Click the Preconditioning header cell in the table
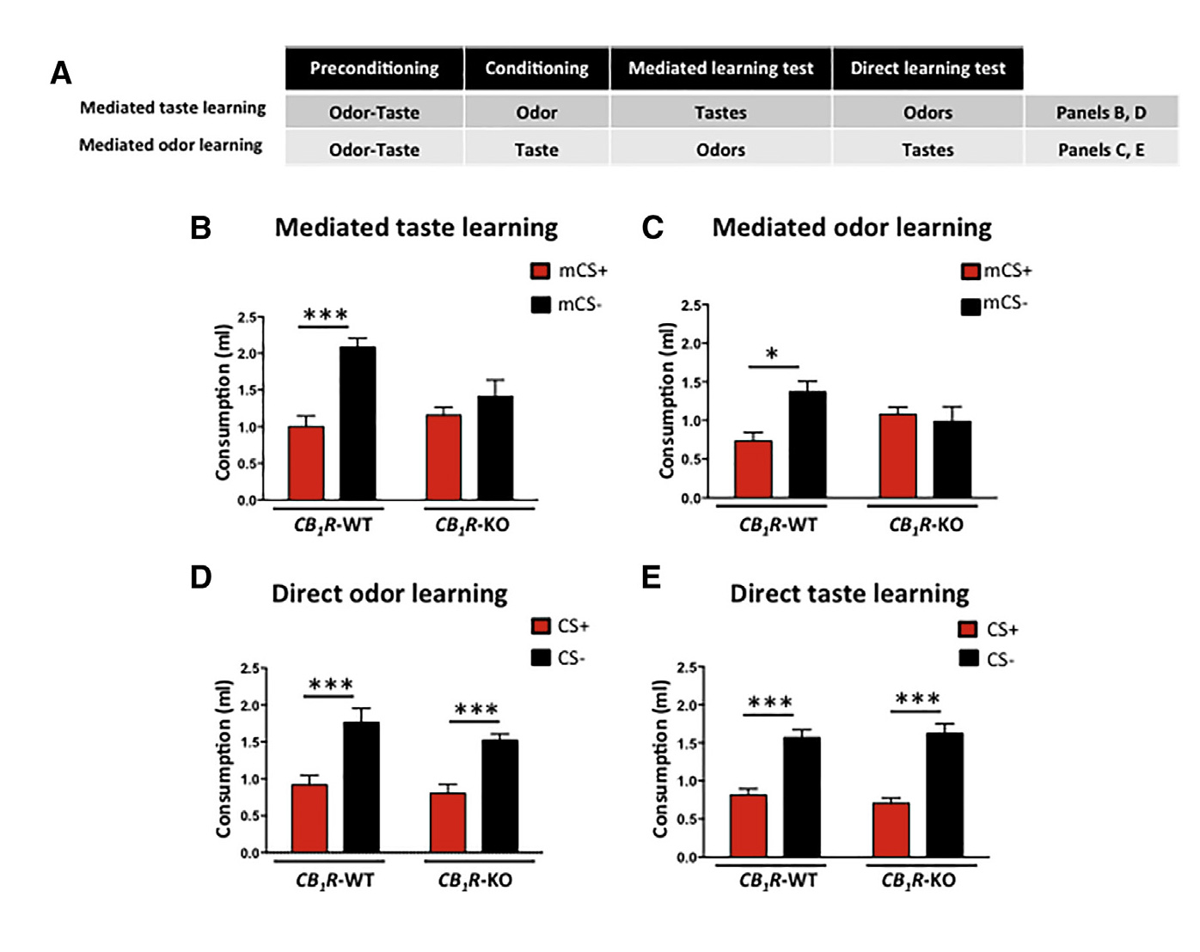374,69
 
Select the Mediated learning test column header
720,69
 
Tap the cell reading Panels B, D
1100,113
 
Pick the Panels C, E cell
1100,150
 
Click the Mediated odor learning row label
171,145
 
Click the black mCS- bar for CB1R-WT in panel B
358,423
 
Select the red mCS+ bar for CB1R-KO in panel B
444,457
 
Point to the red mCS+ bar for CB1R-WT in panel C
753,469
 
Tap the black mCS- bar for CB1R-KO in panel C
952,459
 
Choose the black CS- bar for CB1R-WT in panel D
361,787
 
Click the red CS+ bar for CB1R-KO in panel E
891,829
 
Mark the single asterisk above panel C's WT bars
772,354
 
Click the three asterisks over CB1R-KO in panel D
475,710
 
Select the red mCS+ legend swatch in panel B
541,272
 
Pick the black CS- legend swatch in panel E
969,659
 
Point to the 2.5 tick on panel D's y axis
250,668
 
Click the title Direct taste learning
849,594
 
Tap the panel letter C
652,228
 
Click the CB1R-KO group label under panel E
918,881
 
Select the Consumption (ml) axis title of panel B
223,402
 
